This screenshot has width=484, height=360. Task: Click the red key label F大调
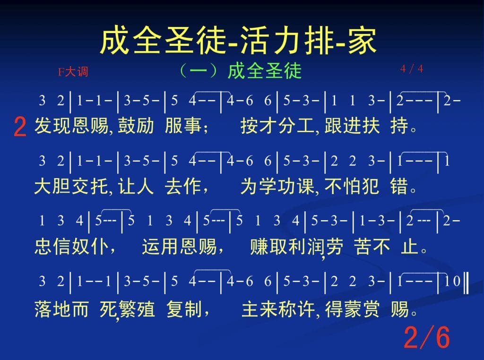(x=73, y=72)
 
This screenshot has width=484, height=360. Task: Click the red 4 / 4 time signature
(x=412, y=69)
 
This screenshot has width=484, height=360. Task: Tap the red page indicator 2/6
(x=427, y=337)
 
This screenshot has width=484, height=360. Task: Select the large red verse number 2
(x=20, y=127)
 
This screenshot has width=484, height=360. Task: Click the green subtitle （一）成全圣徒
(x=241, y=71)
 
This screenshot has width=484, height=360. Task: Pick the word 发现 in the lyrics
(x=53, y=126)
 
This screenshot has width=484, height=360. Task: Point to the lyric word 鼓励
(x=136, y=126)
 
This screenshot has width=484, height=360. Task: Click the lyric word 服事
(x=183, y=126)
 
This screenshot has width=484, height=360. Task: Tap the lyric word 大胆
(x=53, y=186)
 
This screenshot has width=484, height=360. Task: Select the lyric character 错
(x=399, y=186)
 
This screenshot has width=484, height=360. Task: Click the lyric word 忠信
(x=53, y=247)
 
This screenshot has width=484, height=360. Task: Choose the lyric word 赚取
(x=268, y=247)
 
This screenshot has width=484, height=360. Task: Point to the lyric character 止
(x=410, y=247)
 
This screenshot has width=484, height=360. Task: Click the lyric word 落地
(x=53, y=309)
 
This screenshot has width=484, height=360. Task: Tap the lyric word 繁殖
(x=137, y=309)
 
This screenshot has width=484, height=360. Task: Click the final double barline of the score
(x=466, y=281)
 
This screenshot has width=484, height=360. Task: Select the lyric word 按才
(x=259, y=126)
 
